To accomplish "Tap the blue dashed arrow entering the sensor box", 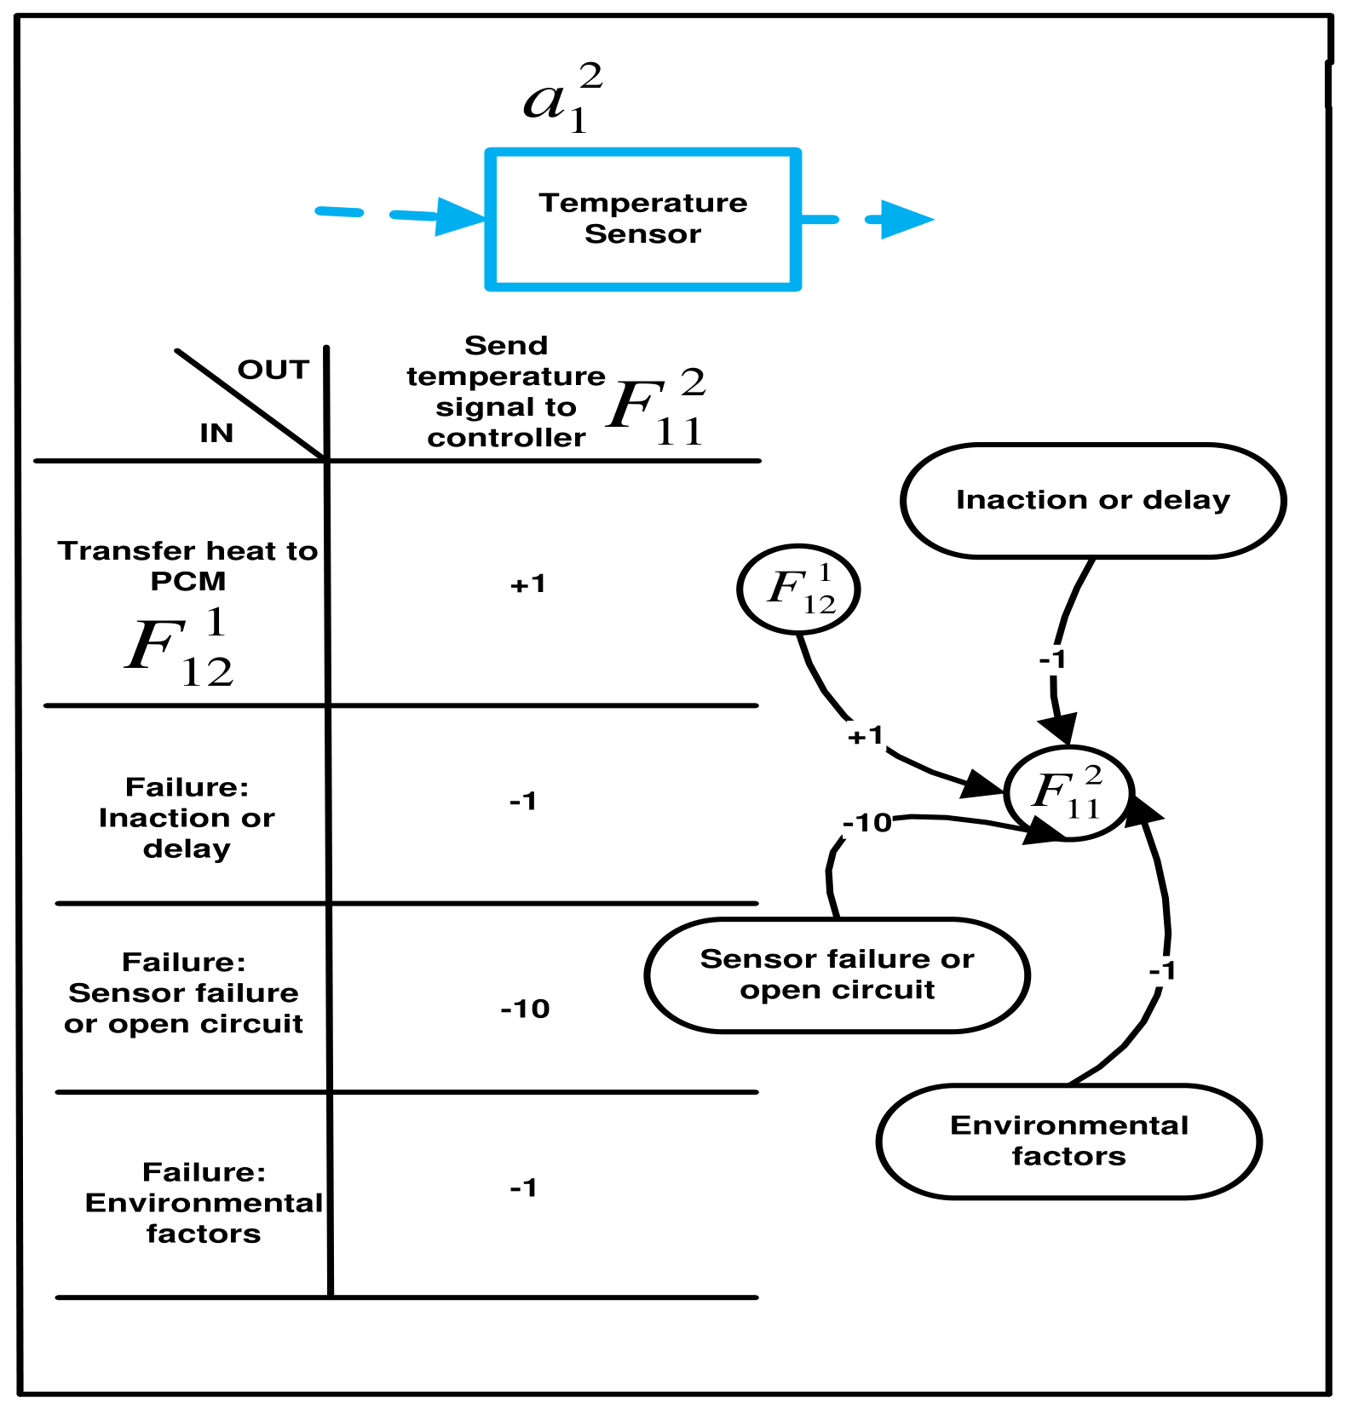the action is click(400, 215).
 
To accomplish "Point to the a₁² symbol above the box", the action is click(563, 99).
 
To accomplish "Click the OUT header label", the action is click(273, 370).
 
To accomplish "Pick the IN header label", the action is click(216, 433).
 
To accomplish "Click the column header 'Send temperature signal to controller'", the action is click(506, 391).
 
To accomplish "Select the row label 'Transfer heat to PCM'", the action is click(187, 566).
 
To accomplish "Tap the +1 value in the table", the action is click(527, 584).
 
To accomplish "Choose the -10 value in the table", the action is click(525, 1009).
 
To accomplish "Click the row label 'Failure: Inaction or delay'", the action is click(187, 817).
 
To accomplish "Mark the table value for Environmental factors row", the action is click(523, 1187).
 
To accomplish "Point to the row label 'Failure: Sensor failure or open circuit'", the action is click(183, 992).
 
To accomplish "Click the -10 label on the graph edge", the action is click(867, 823).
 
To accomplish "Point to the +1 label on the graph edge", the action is click(866, 735).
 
